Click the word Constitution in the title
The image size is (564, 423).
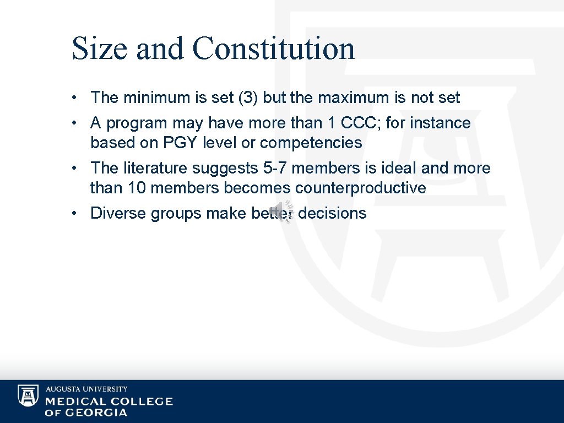click(274, 48)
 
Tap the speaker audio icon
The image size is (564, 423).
click(285, 212)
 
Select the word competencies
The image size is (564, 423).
click(311, 143)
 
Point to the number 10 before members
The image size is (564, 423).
click(137, 188)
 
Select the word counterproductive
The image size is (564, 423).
click(360, 188)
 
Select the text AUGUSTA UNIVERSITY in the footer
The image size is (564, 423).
click(86, 389)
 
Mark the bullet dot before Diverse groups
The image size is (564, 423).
click(73, 214)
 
